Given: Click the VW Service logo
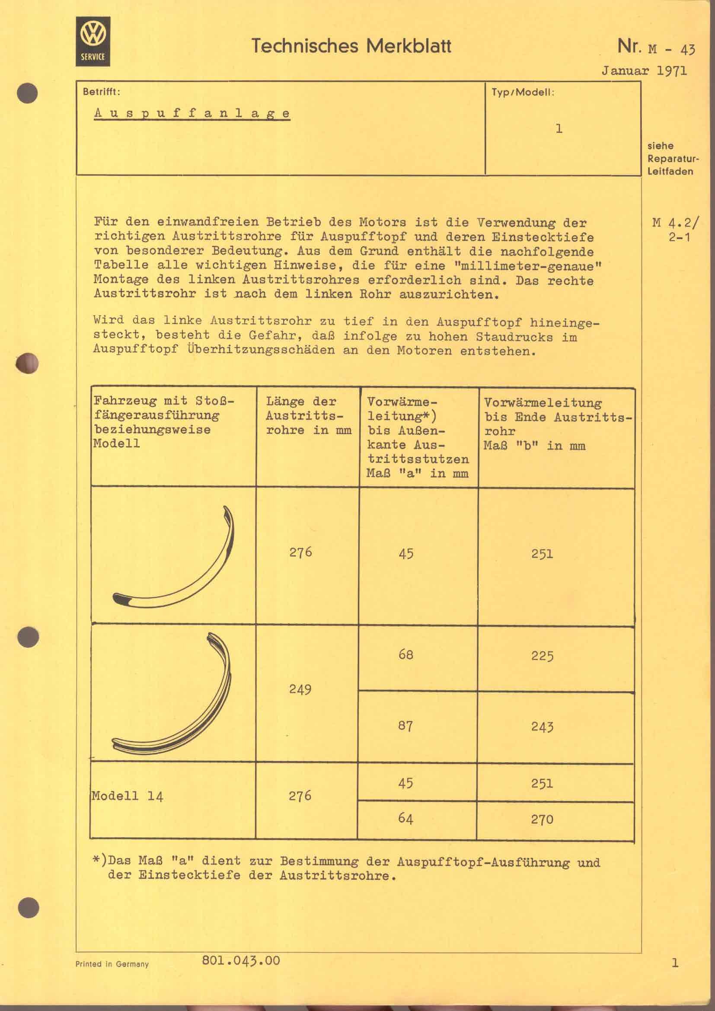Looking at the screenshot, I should (93, 41).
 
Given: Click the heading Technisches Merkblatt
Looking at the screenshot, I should (351, 46).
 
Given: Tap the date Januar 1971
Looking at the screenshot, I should (644, 71).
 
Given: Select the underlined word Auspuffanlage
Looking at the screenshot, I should (192, 113).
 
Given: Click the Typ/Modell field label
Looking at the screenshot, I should (523, 92).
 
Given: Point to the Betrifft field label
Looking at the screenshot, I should (101, 92).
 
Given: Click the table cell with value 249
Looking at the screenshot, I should (300, 689).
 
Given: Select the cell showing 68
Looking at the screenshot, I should (405, 654).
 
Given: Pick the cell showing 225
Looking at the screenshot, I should (542, 656).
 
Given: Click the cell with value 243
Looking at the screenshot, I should (542, 727).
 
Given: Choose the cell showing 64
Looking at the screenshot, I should (405, 819).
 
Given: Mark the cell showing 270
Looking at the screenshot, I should (542, 820).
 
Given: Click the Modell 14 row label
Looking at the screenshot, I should (128, 796).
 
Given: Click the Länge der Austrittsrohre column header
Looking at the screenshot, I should (308, 415).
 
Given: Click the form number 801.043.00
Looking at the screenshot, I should (241, 960).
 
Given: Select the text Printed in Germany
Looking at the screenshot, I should (112, 964).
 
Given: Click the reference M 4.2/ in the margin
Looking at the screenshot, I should (675, 223).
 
